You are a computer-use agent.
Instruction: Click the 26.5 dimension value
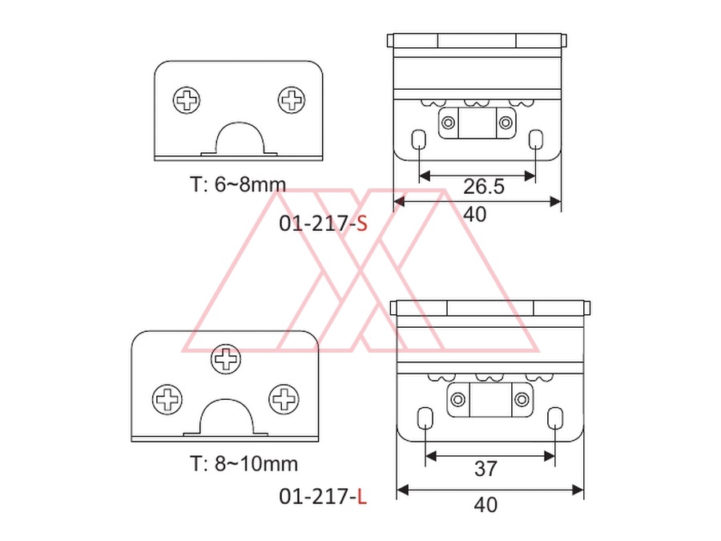(484, 186)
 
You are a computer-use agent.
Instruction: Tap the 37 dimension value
(485, 469)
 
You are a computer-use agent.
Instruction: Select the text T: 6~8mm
(238, 184)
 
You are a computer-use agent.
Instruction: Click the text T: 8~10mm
(244, 464)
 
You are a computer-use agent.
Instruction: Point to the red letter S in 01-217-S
(362, 224)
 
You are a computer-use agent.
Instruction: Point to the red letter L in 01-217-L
(362, 497)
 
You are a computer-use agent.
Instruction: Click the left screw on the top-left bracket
(187, 100)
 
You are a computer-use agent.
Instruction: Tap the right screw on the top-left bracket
(292, 99)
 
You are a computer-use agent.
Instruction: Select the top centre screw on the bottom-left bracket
(226, 359)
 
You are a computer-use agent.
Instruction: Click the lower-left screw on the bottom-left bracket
(167, 399)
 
